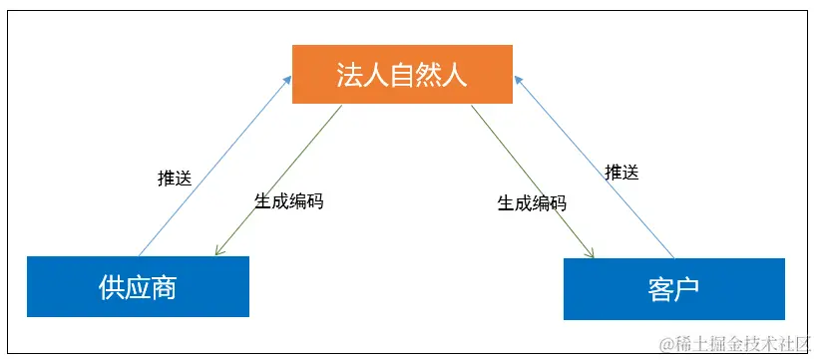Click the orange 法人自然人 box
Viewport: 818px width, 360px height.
pos(402,74)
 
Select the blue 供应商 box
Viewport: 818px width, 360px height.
pos(138,286)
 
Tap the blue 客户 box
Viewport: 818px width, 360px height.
pos(674,289)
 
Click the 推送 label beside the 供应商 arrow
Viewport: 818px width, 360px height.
pos(175,180)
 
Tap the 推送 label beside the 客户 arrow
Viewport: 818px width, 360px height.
pos(621,172)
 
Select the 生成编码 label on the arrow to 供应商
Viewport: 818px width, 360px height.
pos(288,200)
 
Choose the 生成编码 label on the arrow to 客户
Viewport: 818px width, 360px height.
pos(532,203)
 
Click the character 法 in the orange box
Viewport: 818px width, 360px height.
pos(350,75)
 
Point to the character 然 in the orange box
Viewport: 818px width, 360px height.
pos(428,75)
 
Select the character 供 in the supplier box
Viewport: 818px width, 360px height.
pos(112,286)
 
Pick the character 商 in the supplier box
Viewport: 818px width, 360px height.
pos(164,286)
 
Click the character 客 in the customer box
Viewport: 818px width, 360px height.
pos(660,289)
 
